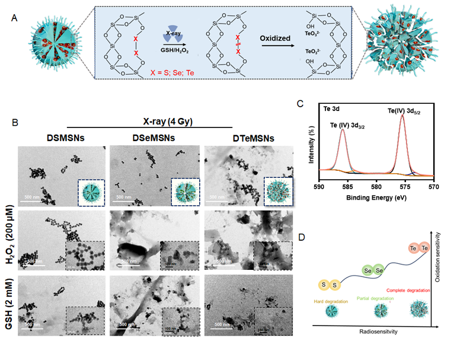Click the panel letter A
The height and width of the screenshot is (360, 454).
16,18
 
